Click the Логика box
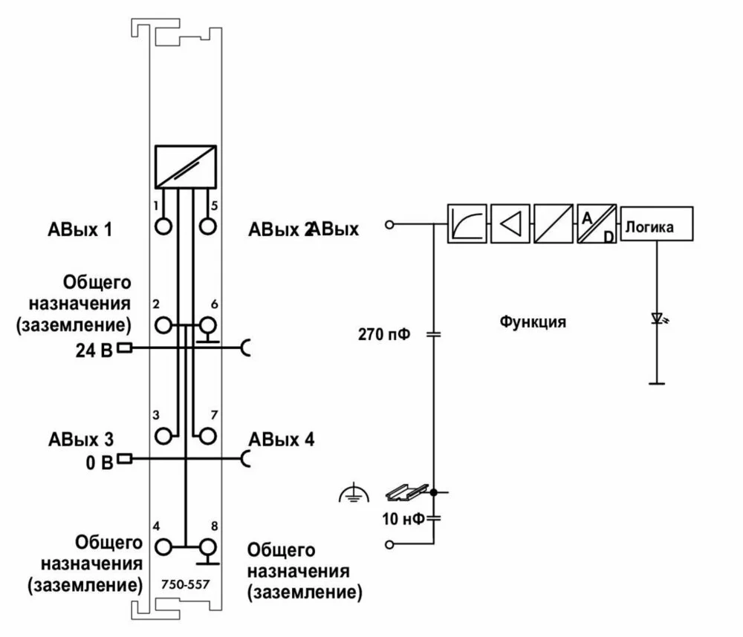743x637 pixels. pos(657,223)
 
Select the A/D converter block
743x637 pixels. pos(596,223)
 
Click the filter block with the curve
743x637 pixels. pos(467,223)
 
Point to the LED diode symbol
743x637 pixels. pos(657,319)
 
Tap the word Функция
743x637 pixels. pos(533,322)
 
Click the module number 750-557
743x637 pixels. pos(185,584)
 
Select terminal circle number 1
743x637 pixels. pos(163,224)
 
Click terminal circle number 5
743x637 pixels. pos(208,224)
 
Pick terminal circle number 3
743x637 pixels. pos(163,435)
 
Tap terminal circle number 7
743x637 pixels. pos(208,435)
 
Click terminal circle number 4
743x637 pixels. pos(163,547)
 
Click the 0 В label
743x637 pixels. pos(99,462)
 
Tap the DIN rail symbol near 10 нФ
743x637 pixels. pos(407,491)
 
